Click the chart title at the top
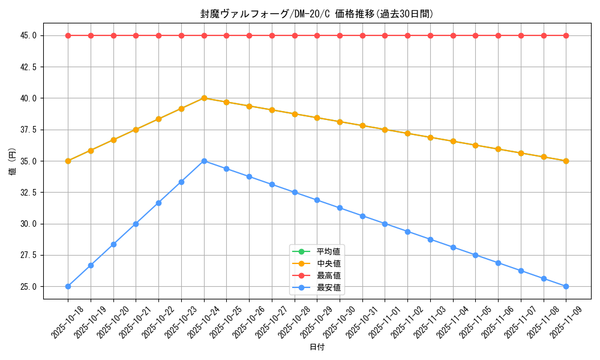[317, 14]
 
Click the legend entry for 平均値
[329, 251]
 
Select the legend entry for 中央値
[329, 263]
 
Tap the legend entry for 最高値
[329, 275]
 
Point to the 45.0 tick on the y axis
[28, 35]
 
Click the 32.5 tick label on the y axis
[28, 193]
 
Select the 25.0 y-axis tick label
[28, 287]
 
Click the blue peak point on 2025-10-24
[204, 161]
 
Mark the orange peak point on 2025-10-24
[204, 98]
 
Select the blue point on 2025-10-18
[68, 286]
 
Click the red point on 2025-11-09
[566, 35]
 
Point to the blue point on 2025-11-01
[385, 224]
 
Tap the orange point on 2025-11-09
[566, 161]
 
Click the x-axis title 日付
[317, 347]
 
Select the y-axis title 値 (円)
[13, 161]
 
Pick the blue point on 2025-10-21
[136, 224]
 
